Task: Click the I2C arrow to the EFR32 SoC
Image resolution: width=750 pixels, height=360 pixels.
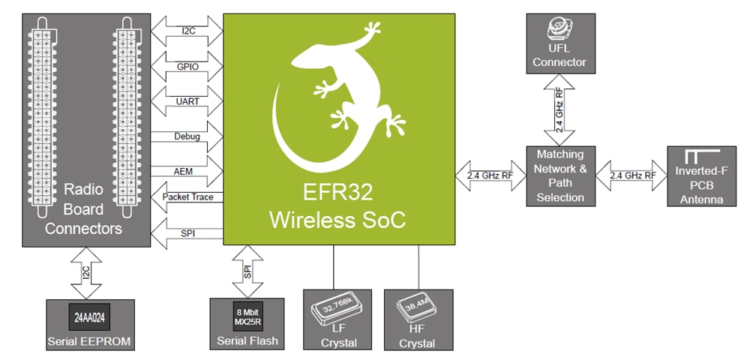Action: tap(187, 31)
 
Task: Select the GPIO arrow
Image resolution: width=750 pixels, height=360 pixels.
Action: tap(187, 65)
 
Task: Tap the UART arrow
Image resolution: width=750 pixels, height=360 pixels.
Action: tap(187, 100)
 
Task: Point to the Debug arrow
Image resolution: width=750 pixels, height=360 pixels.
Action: tap(187, 136)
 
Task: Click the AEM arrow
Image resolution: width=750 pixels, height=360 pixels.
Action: tap(187, 169)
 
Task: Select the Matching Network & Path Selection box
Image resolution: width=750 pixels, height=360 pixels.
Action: tap(560, 175)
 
